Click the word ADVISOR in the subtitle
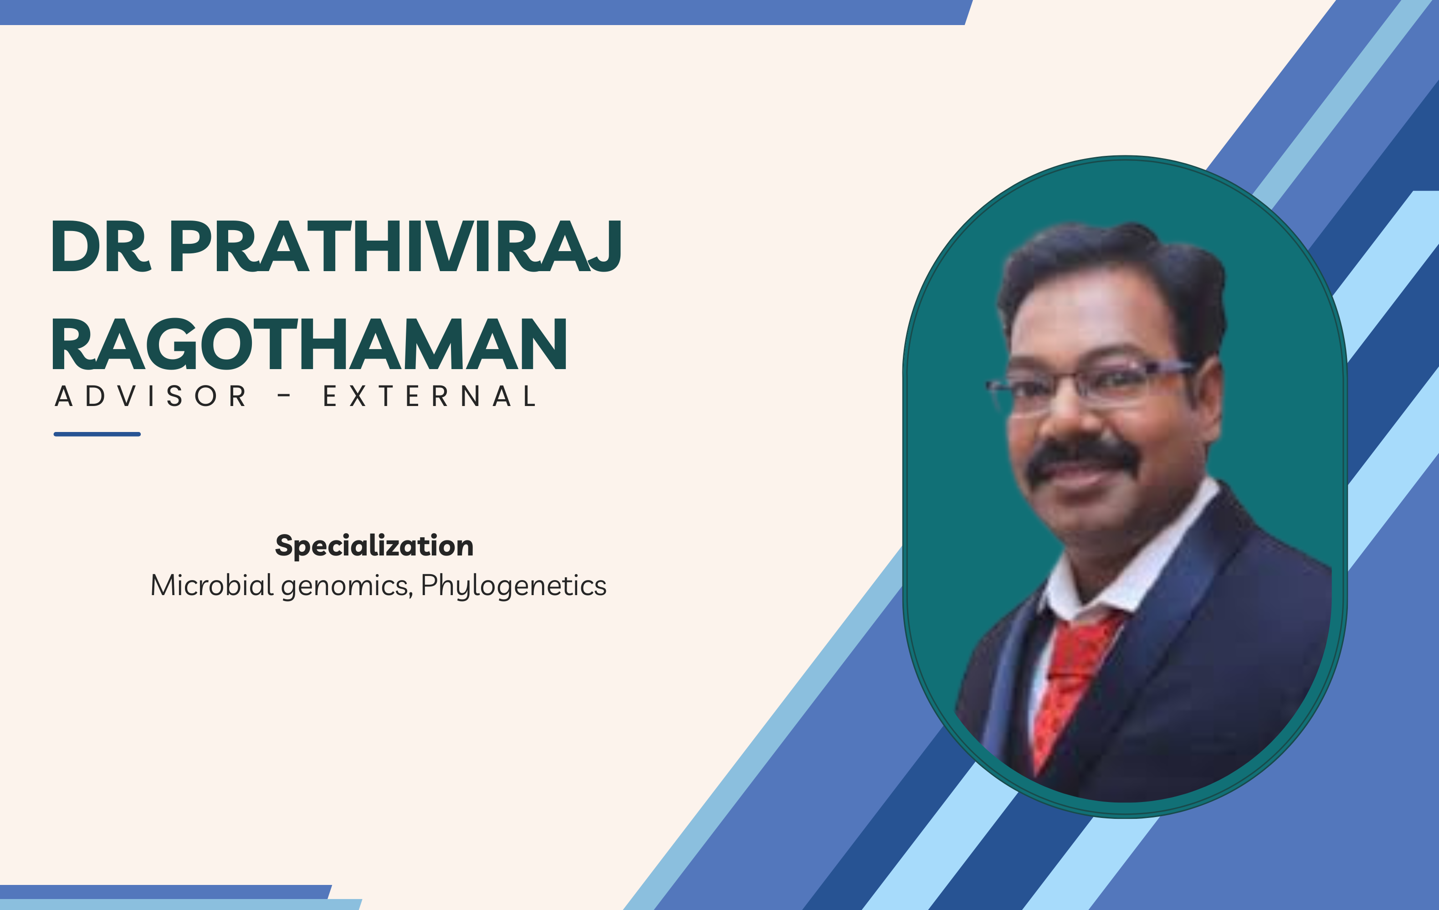click(x=151, y=396)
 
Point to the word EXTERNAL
click(x=430, y=396)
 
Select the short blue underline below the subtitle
click(x=97, y=434)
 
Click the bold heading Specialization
click(x=374, y=545)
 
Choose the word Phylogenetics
click(x=513, y=586)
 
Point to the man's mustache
click(x=1081, y=458)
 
